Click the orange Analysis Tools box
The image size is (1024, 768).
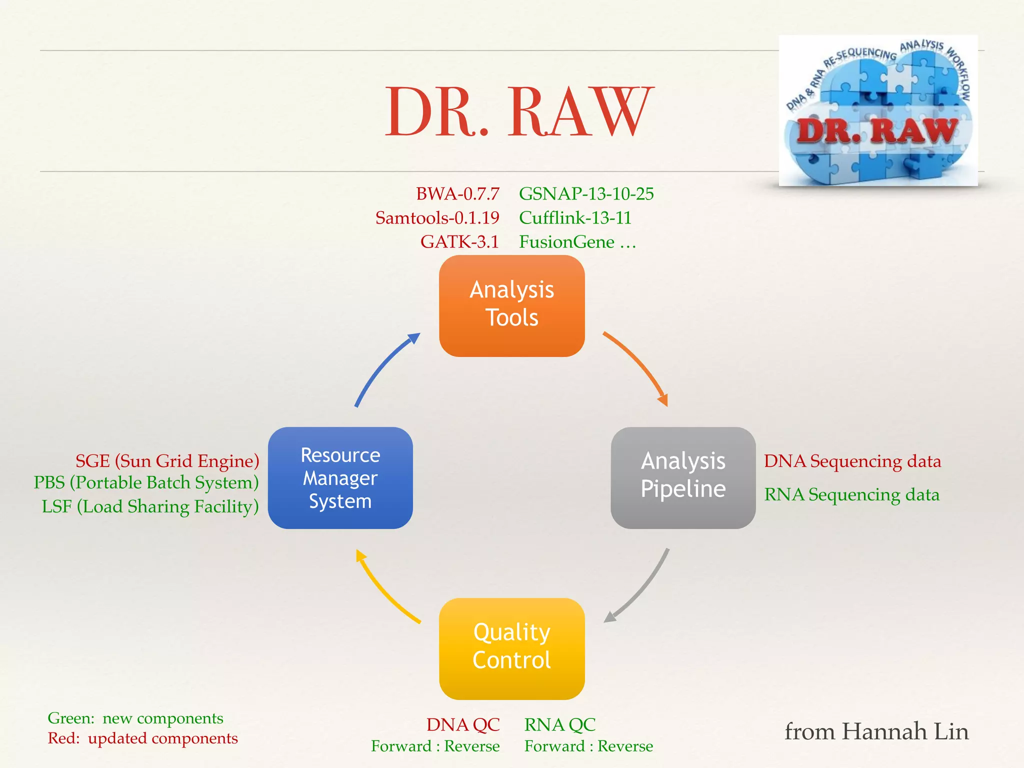pyautogui.click(x=511, y=305)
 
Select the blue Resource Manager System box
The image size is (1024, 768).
pyautogui.click(x=340, y=477)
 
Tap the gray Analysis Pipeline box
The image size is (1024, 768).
pyautogui.click(x=683, y=477)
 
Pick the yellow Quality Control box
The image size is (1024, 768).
pyautogui.click(x=511, y=648)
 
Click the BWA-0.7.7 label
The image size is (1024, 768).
pyautogui.click(x=457, y=193)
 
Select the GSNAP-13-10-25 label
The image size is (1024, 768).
pyautogui.click(x=586, y=193)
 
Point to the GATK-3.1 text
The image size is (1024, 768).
pyautogui.click(x=459, y=241)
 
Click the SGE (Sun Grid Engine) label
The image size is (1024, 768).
pyautogui.click(x=167, y=460)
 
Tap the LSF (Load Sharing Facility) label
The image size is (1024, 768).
pyautogui.click(x=150, y=506)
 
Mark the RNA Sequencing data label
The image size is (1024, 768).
pyautogui.click(x=851, y=494)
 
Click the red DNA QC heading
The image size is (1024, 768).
pyautogui.click(x=462, y=724)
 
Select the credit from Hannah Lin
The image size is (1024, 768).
pyautogui.click(x=876, y=731)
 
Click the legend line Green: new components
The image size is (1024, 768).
pyautogui.click(x=135, y=718)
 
